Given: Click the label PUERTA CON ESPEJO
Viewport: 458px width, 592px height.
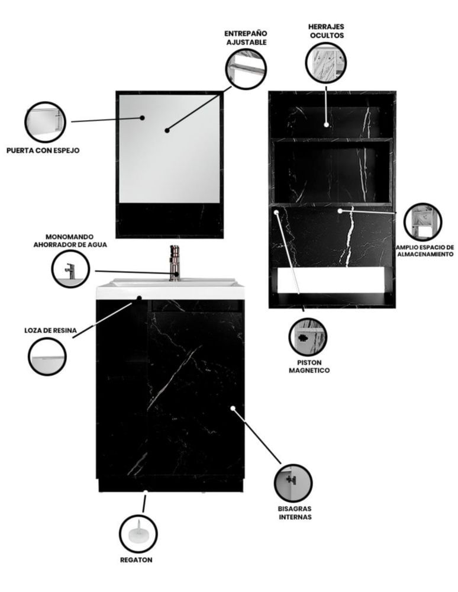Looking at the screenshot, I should (x=43, y=150).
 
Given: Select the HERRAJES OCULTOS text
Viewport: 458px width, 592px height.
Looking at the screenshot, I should (x=326, y=31).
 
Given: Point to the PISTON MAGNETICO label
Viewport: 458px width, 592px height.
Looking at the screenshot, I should (x=309, y=366).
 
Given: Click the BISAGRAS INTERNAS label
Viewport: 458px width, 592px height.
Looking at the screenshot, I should (x=295, y=513).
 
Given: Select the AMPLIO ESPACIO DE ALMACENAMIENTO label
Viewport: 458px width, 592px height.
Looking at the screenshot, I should (x=425, y=250).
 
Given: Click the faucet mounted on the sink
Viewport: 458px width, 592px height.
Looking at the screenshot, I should (x=175, y=261).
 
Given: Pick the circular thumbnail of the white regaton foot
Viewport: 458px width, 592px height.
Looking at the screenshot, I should (x=138, y=532).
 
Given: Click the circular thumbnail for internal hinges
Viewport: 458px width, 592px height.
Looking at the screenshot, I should (x=293, y=482).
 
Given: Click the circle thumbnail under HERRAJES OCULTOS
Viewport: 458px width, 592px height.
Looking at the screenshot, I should (x=326, y=63).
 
